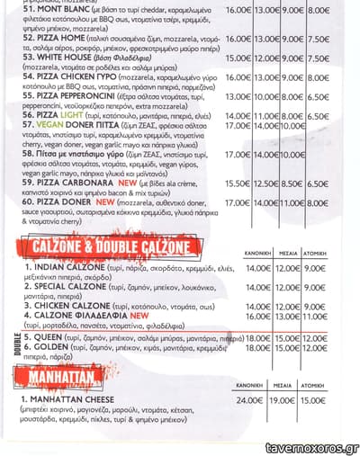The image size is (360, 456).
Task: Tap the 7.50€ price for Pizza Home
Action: (x=319, y=39)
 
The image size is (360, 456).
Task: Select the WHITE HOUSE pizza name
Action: (x=60, y=56)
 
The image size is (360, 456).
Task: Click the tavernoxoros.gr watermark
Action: (x=310, y=448)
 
